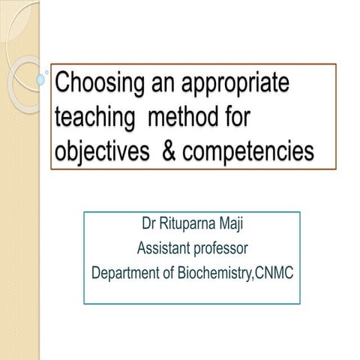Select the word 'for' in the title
pos(254,117)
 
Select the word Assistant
pos(163,248)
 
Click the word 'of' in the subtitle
pos(166,271)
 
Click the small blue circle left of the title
pos(41,78)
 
